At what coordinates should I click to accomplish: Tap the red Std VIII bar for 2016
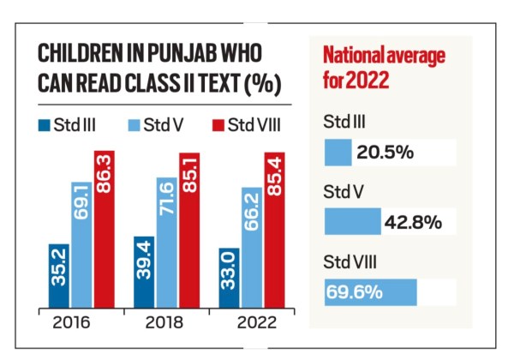(104, 230)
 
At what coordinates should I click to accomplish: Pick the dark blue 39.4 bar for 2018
(145, 272)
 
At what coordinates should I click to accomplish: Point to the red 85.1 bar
(189, 230)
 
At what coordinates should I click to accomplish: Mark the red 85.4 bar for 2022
(274, 230)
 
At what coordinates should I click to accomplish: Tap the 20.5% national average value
(385, 153)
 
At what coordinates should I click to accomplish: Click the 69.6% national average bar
(370, 291)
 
